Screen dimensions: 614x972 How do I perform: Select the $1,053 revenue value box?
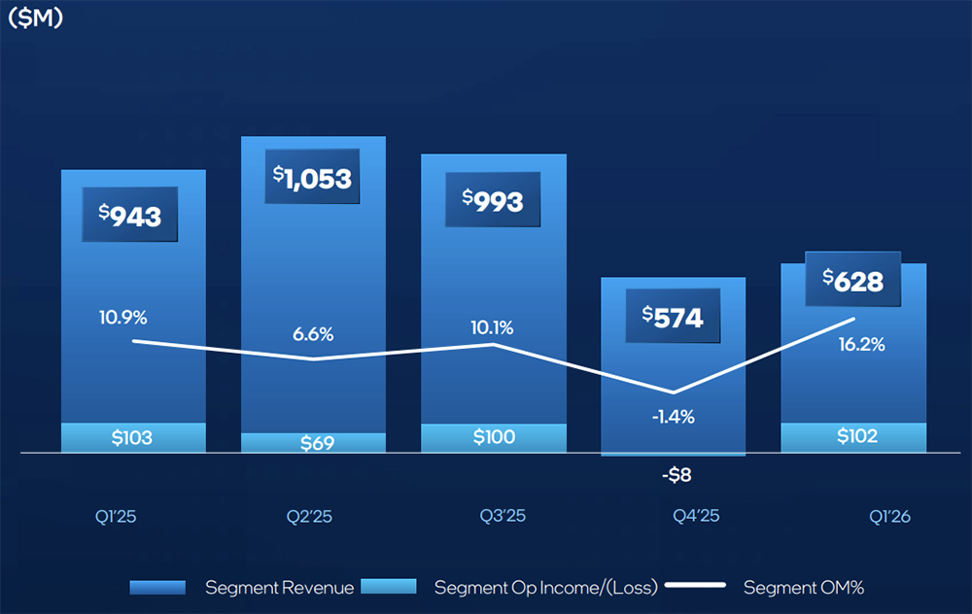[312, 177]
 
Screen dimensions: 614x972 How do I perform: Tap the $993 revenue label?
[494, 200]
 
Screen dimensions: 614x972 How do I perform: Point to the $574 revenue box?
[673, 316]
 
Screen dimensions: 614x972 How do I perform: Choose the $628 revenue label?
[853, 280]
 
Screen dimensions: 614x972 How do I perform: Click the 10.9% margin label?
[122, 318]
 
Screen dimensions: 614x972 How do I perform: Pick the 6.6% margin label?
[312, 334]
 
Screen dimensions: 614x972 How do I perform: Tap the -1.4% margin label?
[673, 417]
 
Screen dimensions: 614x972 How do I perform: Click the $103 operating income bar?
[133, 438]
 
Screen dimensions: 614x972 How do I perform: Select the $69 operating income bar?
[313, 443]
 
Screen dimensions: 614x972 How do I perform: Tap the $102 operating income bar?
[854, 437]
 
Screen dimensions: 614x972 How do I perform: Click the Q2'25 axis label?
[311, 516]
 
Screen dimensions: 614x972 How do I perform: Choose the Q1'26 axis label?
[889, 516]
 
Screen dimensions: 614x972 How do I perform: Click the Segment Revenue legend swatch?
[157, 588]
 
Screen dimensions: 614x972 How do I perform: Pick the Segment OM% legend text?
[804, 588]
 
